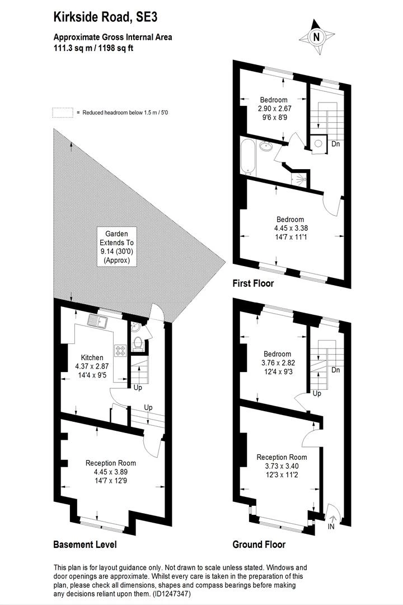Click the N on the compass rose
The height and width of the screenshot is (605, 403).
pyautogui.click(x=317, y=38)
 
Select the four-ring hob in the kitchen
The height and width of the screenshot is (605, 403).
pyautogui.click(x=120, y=350)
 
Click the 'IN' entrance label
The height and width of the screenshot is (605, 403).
pyautogui.click(x=331, y=526)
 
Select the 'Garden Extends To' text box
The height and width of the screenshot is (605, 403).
pyautogui.click(x=116, y=246)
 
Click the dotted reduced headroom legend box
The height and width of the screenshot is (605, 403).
pyautogui.click(x=63, y=112)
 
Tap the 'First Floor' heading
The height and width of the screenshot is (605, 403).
pyautogui.click(x=253, y=283)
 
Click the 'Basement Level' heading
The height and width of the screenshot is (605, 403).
pyautogui.click(x=85, y=544)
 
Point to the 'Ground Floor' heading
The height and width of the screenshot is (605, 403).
pyautogui.click(x=259, y=544)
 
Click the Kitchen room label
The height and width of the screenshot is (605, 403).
pyautogui.click(x=92, y=357)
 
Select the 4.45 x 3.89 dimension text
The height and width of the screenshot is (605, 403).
pyautogui.click(x=111, y=472)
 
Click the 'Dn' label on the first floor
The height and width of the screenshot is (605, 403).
pyautogui.click(x=335, y=144)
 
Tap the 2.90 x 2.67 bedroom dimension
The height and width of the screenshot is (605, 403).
pyautogui.click(x=275, y=109)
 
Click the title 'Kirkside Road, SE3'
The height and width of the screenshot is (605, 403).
pyautogui.click(x=105, y=17)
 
